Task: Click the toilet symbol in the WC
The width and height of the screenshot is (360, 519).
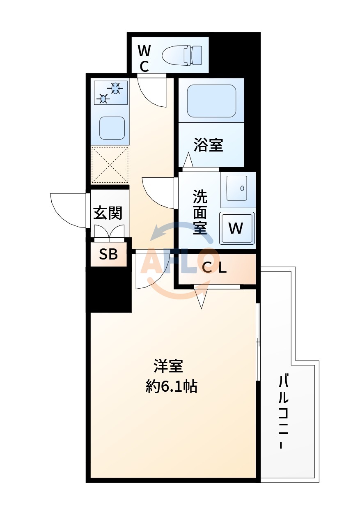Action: [x=183, y=55]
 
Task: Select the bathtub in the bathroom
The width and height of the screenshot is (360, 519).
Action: [x=211, y=101]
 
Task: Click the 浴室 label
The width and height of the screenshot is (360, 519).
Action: [x=208, y=145]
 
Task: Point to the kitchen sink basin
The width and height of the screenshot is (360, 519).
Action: [x=112, y=128]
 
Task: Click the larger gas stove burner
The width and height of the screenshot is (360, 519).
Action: [x=115, y=87]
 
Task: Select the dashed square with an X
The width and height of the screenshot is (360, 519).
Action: [x=110, y=165]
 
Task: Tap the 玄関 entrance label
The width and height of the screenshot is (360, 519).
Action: [x=108, y=213]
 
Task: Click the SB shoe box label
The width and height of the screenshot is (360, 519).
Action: [x=108, y=255]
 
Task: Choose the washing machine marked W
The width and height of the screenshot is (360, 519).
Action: [x=237, y=228]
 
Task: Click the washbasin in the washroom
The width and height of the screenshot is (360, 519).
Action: [x=238, y=188]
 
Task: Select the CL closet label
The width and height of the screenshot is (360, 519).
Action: [x=215, y=268]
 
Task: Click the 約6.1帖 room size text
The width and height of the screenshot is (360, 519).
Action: [x=172, y=386]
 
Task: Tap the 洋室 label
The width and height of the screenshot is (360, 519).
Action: [x=168, y=365]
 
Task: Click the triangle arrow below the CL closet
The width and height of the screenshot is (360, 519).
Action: [x=201, y=299]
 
